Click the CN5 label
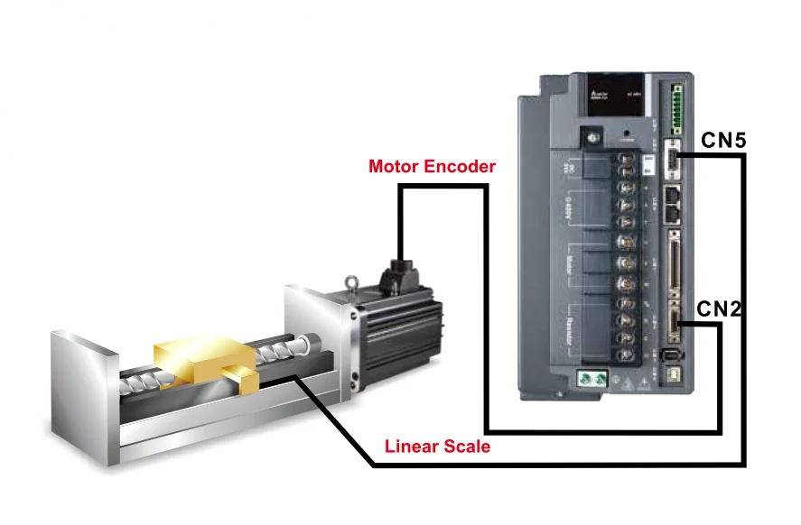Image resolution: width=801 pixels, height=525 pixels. (x=722, y=140)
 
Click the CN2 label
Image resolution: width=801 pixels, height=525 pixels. (x=719, y=309)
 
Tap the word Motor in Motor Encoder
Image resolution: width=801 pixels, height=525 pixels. (x=395, y=167)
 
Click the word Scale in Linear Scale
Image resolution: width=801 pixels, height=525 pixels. (x=469, y=446)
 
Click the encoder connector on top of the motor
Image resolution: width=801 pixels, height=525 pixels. (x=399, y=272)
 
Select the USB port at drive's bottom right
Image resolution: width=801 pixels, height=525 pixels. (x=673, y=373)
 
